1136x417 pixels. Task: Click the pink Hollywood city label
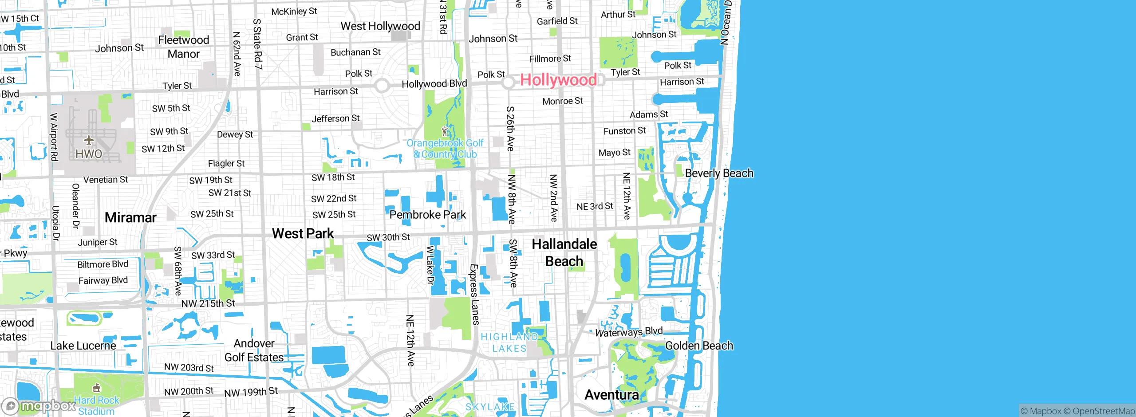[558, 80]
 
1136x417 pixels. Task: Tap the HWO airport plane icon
[89, 141]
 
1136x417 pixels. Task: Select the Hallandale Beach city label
[564, 252]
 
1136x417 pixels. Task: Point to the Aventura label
[611, 394]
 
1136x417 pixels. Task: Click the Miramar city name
[130, 217]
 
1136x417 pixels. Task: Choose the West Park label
[303, 233]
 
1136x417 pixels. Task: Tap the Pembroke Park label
[427, 215]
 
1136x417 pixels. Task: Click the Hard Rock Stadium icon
[96, 389]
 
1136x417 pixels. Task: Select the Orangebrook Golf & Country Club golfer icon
[445, 131]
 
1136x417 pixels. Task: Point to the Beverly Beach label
[719, 173]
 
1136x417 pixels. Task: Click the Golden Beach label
[699, 346]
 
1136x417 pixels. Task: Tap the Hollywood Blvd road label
[434, 84]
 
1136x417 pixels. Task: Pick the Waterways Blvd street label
[628, 332]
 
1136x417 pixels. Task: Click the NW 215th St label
[208, 303]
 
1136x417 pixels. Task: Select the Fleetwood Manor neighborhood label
[183, 47]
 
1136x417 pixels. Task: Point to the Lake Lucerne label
[83, 346]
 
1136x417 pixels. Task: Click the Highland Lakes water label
[509, 342]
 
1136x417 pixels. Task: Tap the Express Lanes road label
[474, 295]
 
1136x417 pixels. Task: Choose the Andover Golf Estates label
[254, 350]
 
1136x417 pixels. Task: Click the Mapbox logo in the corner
[39, 406]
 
